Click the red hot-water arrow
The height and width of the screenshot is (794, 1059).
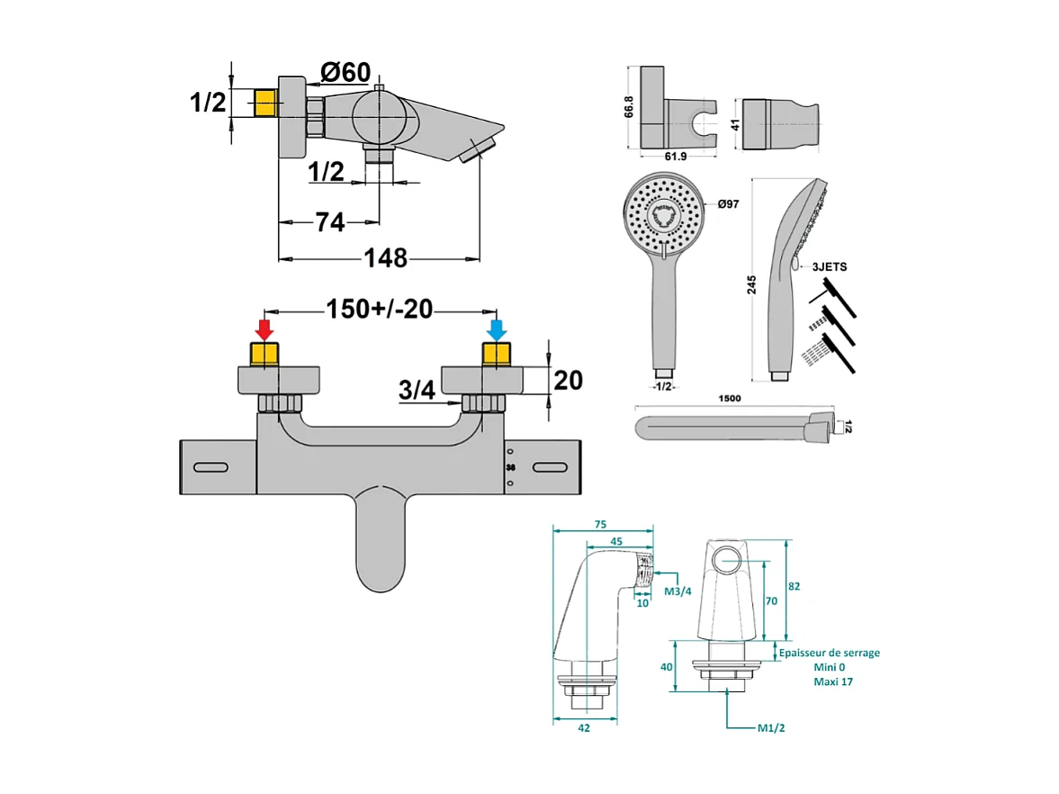coord(264,327)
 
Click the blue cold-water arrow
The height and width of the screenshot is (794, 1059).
coord(496,327)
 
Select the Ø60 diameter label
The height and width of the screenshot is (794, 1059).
coord(345,73)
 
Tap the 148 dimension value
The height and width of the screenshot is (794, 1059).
coord(385,258)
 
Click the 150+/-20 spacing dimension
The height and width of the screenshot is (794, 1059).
coord(379,310)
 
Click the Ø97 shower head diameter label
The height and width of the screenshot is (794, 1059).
coord(728,205)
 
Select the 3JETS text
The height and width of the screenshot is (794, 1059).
coord(829,267)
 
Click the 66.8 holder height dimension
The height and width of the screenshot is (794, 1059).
coord(629,106)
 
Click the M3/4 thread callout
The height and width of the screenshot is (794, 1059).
coord(677,591)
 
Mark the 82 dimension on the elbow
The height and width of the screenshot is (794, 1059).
coord(794,586)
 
